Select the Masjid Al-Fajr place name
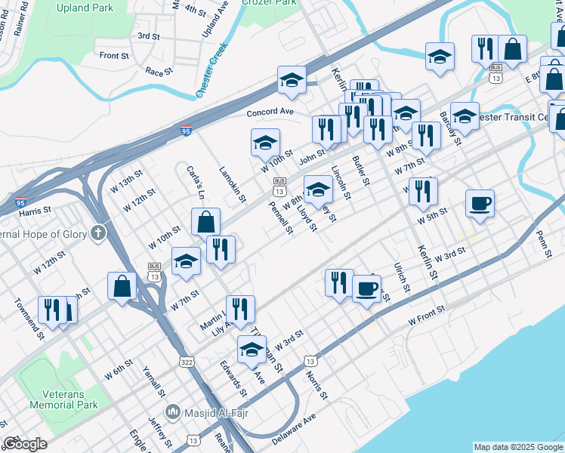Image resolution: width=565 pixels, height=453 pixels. (208, 412)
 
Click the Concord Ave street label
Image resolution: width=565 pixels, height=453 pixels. (270, 112)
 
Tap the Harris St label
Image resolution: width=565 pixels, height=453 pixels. (36, 210)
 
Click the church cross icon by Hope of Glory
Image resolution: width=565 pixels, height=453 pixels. (97, 233)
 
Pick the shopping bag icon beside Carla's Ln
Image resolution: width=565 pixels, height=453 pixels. (205, 222)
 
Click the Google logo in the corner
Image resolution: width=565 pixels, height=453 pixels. (25, 444)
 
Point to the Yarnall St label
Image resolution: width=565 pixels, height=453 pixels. (154, 382)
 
